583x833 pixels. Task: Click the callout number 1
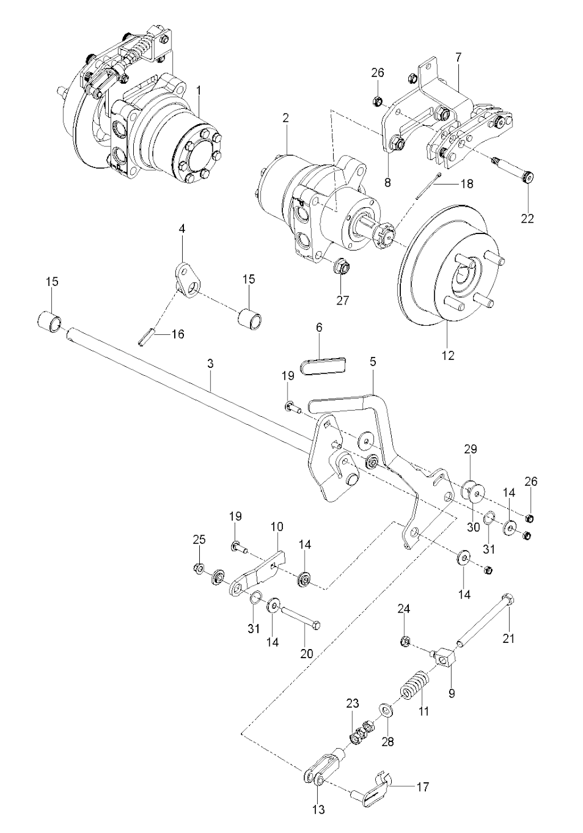coord(199,91)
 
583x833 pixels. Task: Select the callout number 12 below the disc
coord(448,356)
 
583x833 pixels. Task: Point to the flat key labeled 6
coord(323,364)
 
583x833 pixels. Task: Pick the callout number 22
coord(528,218)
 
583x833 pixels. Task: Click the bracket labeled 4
coord(186,279)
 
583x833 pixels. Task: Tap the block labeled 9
coord(444,660)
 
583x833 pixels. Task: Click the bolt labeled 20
coord(301,619)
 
